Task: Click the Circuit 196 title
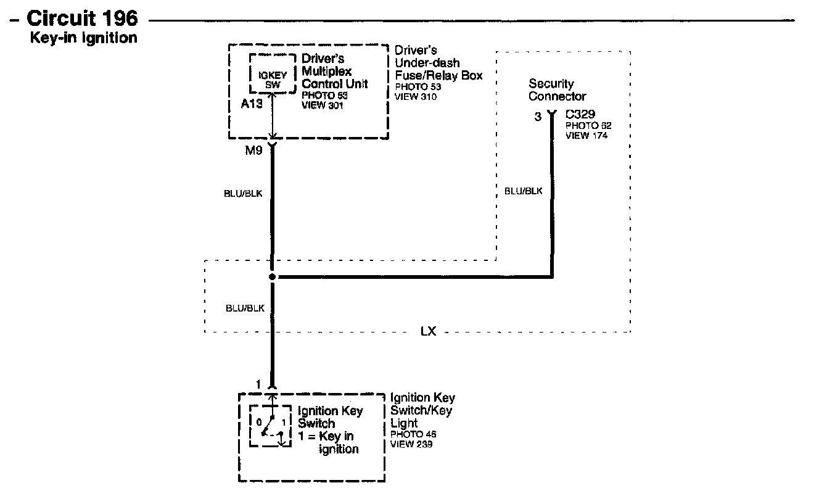[x=81, y=17]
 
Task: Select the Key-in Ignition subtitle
[x=83, y=38]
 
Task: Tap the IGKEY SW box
[x=273, y=73]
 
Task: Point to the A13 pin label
[x=252, y=104]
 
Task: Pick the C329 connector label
[x=580, y=114]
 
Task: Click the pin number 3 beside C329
[x=538, y=116]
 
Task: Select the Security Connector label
[x=557, y=90]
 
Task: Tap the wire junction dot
[x=273, y=278]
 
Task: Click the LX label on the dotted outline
[x=428, y=332]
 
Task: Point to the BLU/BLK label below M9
[x=243, y=194]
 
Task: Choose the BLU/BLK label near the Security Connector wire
[x=524, y=191]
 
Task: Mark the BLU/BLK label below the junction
[x=245, y=308]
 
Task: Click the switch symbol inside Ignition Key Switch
[x=271, y=425]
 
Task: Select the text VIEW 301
[x=322, y=105]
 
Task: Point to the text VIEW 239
[x=411, y=444]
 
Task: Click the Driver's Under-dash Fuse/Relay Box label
[x=438, y=63]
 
